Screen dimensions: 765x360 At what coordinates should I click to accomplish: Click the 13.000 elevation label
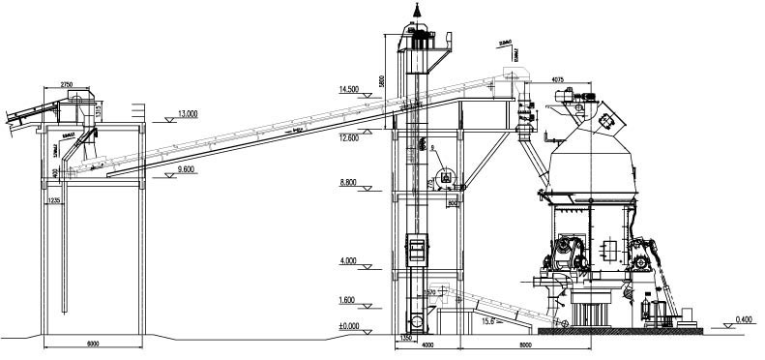click(x=188, y=113)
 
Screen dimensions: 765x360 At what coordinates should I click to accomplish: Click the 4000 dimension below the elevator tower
click(x=425, y=345)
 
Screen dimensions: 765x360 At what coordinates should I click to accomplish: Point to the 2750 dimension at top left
click(x=68, y=85)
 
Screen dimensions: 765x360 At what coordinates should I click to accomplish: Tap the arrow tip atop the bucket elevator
click(x=418, y=7)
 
